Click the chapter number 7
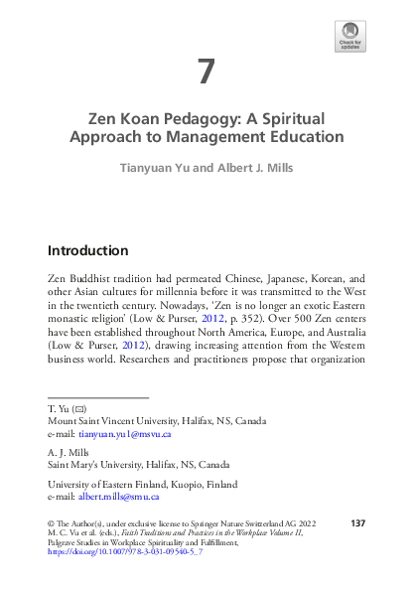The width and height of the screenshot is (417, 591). (x=206, y=73)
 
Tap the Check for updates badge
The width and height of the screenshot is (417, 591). (x=349, y=37)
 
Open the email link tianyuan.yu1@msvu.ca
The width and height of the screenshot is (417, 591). (x=127, y=434)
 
